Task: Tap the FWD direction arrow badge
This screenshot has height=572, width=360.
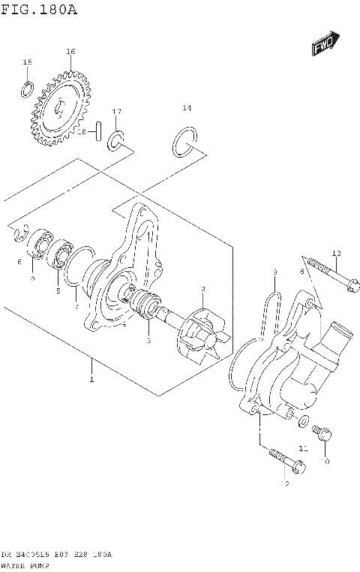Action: (325, 44)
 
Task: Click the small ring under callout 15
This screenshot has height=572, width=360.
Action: (27, 89)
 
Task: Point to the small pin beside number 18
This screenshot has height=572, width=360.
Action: (97, 132)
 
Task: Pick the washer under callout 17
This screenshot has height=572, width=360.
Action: (117, 139)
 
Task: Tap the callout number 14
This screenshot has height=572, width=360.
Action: (187, 108)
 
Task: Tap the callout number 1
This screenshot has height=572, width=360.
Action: (91, 380)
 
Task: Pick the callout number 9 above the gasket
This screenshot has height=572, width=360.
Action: (275, 272)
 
